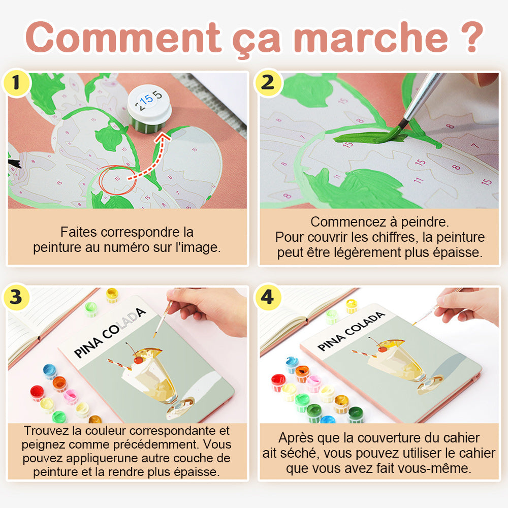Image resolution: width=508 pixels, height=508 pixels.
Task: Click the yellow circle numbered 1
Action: (16, 83)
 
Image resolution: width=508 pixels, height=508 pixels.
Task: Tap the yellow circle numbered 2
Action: (268, 83)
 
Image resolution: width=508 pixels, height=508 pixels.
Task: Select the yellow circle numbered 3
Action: (16, 297)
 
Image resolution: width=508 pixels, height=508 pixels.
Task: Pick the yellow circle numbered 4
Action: (268, 297)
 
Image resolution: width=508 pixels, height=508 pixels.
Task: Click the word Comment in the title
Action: (123, 37)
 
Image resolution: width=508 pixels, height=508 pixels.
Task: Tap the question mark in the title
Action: (472, 37)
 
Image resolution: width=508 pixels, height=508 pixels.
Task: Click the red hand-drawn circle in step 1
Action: (117, 180)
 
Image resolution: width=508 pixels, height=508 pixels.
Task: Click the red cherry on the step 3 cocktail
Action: (138, 360)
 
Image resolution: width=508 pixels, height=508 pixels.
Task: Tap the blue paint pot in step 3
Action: (50, 371)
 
